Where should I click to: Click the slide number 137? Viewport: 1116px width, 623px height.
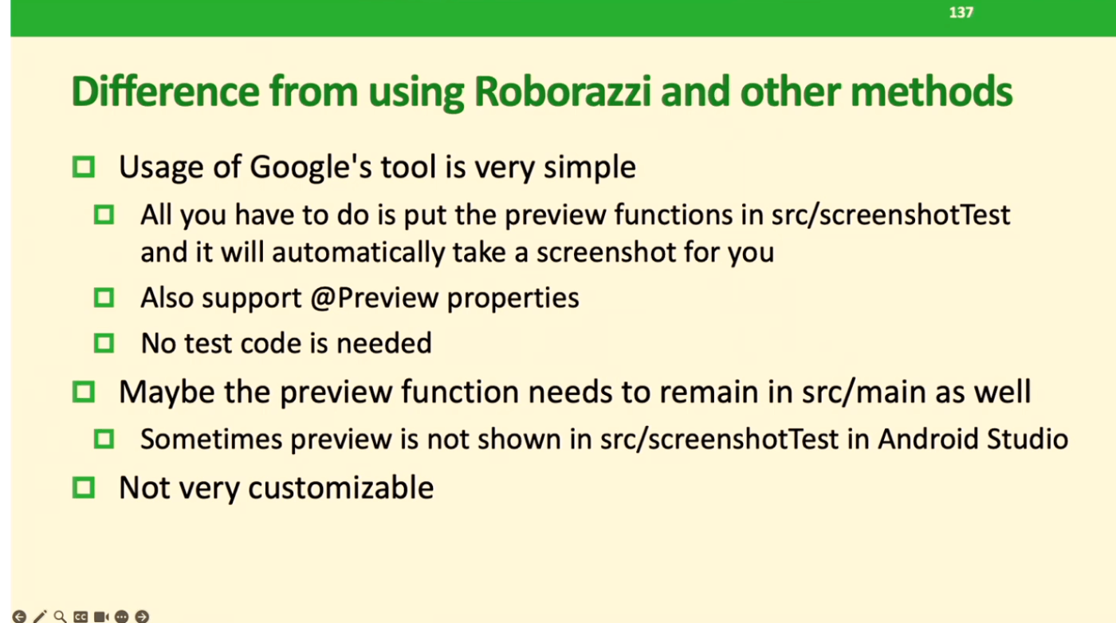coord(961,12)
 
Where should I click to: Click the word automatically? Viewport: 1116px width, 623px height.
coord(358,252)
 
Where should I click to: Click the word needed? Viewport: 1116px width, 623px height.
coord(384,343)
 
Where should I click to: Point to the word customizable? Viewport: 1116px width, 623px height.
coord(341,487)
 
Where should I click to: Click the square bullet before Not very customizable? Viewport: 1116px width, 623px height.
coord(84,487)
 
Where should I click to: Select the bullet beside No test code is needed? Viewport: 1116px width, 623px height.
coord(104,343)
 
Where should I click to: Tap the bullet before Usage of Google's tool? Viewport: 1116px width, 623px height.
coord(84,167)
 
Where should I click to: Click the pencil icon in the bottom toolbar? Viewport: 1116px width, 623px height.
coord(40,617)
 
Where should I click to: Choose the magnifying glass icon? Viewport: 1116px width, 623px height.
coord(61,617)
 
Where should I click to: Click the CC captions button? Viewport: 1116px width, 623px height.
coord(81,617)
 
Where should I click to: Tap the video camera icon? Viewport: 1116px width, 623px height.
coord(101,617)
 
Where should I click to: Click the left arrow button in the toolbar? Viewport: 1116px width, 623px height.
coord(19,617)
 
